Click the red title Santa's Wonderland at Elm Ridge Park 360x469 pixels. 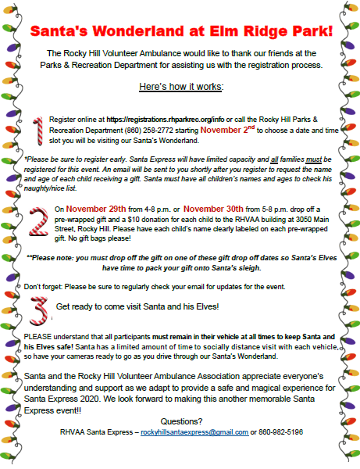pos(180,32)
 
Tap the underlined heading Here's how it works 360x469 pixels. pos(180,85)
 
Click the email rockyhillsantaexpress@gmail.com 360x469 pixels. pos(194,431)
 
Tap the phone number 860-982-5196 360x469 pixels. pos(282,431)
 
